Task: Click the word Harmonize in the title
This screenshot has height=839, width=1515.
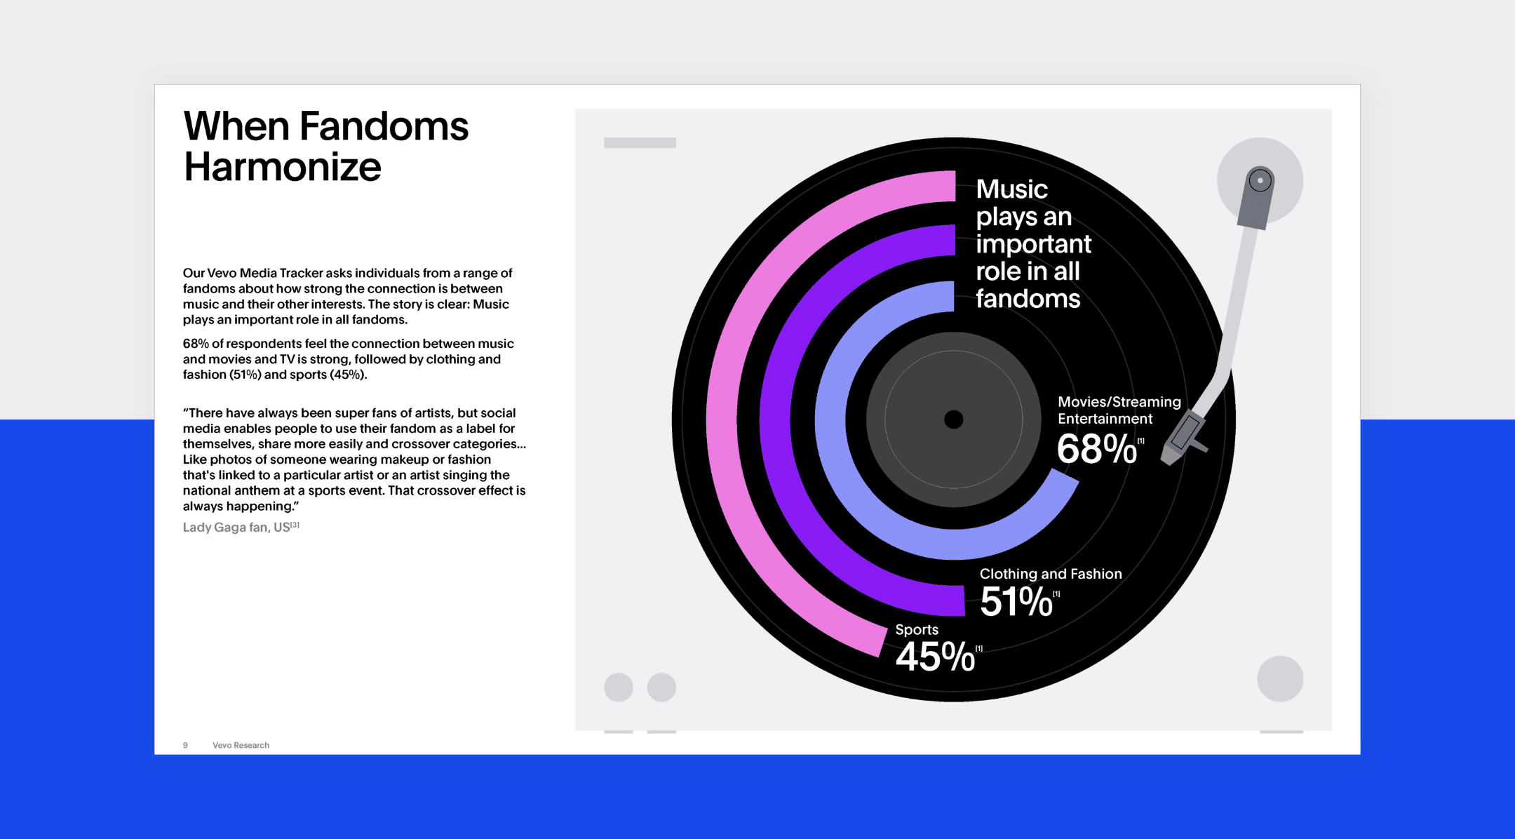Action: (x=283, y=167)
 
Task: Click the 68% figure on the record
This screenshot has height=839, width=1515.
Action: (x=1096, y=448)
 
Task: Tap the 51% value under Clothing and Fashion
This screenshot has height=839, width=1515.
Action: (x=1016, y=601)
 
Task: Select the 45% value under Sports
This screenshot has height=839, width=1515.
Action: (x=935, y=657)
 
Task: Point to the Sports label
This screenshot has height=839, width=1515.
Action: (x=917, y=629)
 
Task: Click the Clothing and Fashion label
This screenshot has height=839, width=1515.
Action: (x=1051, y=574)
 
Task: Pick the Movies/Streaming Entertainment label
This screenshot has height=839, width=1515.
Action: (x=1119, y=410)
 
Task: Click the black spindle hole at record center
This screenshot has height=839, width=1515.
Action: (x=954, y=419)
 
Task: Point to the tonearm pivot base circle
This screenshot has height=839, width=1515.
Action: (x=1260, y=180)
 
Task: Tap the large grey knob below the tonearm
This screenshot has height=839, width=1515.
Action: (x=1280, y=678)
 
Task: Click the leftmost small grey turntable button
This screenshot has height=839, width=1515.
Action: (x=619, y=687)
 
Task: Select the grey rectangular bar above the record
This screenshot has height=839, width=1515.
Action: (x=640, y=142)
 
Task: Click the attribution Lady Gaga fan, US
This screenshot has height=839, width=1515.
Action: (x=241, y=527)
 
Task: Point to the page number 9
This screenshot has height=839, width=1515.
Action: (x=185, y=745)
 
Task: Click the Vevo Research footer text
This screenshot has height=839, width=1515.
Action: (x=241, y=745)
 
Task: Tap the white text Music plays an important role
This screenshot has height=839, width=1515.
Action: (x=1034, y=243)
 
